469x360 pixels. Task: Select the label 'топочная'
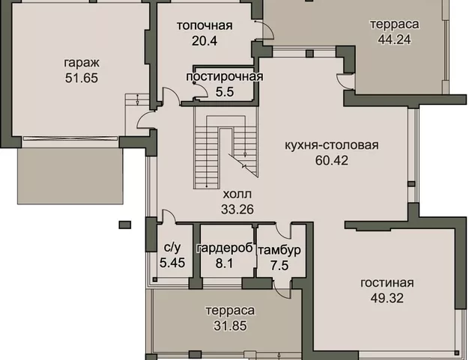[x=205, y=26]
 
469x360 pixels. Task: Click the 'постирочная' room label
[x=225, y=76]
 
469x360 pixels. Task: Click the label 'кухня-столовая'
[x=331, y=145]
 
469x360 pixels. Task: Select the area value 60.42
[x=331, y=160]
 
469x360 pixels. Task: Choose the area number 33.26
[x=237, y=209]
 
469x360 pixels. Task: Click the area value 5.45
[x=171, y=263]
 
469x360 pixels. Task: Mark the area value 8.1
[x=223, y=263]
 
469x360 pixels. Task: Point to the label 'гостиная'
[x=387, y=283]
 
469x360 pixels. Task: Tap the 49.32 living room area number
[x=387, y=298]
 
